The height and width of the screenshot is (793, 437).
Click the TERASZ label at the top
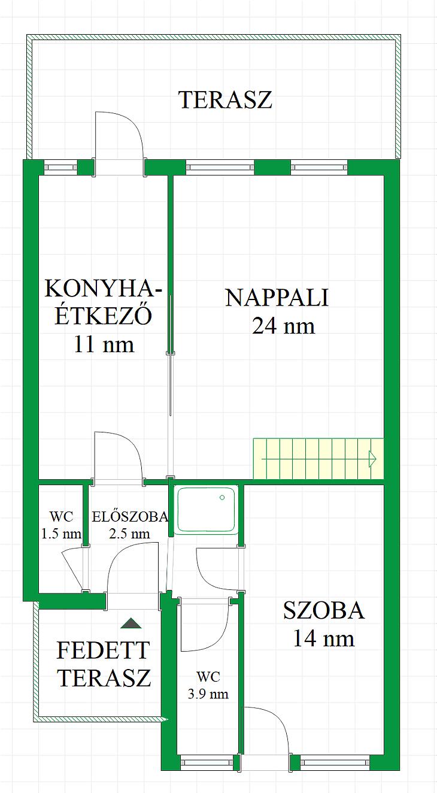[226, 100]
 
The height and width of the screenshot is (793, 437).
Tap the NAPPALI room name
[277, 298]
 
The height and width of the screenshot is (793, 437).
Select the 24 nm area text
[283, 326]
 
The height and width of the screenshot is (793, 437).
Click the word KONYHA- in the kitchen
[104, 289]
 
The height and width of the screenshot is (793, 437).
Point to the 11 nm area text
[104, 344]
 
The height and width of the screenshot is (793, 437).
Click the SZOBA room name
[324, 610]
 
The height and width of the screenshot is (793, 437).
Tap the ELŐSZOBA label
[130, 517]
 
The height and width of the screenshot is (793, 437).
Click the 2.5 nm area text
[129, 534]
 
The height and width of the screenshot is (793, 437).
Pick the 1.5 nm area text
[61, 534]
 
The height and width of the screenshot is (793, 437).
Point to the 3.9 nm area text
[208, 694]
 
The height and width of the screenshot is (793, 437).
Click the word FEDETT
[103, 650]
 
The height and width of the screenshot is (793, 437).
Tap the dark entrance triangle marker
[131, 623]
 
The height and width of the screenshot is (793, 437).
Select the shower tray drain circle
[222, 497]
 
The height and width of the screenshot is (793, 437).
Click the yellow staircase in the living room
[318, 458]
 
